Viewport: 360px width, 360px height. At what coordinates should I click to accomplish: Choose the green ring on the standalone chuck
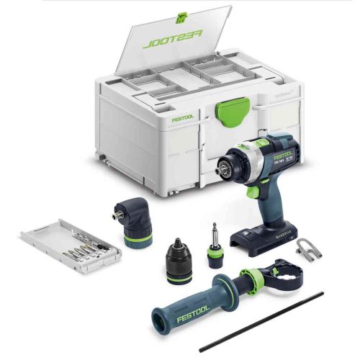(x=178, y=271)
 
